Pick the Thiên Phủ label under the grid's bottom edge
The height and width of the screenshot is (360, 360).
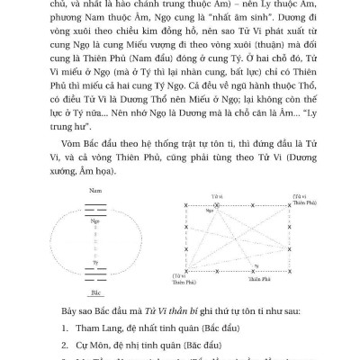(x=238, y=279)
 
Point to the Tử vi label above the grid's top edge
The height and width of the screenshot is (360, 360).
(x=215, y=193)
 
